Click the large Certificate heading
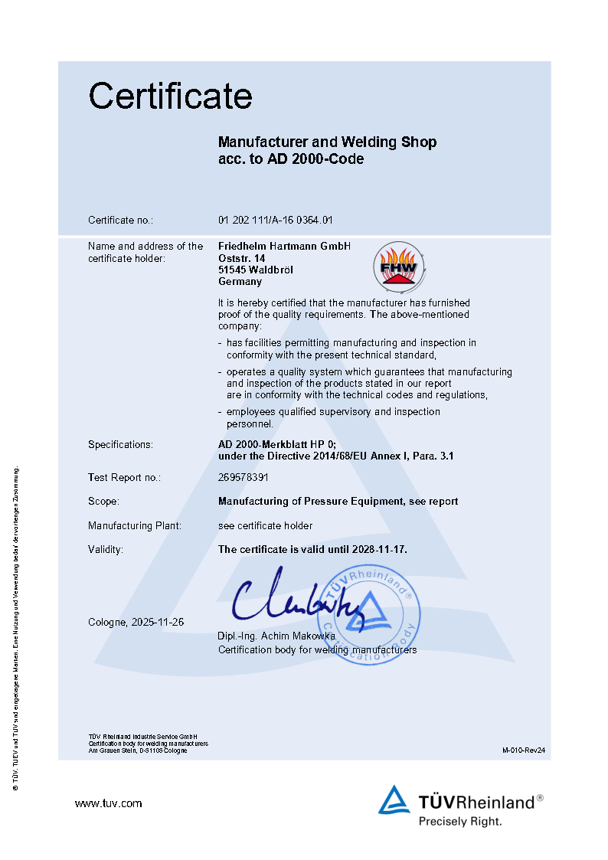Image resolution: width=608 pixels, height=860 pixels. [x=170, y=96]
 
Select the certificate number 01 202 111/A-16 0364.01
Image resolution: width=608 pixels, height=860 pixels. [x=276, y=221]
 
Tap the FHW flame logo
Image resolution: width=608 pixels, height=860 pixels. [x=397, y=264]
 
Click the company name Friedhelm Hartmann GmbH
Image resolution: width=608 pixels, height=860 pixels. [x=284, y=246]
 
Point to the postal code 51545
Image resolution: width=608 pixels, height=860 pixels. [x=230, y=270]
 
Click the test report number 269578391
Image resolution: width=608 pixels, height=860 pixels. [x=244, y=477]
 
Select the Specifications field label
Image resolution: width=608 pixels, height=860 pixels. [x=120, y=444]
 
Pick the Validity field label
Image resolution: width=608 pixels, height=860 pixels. [x=106, y=549]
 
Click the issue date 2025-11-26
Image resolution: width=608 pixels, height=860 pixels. [x=157, y=622]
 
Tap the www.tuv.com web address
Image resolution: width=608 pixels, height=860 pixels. [x=108, y=803]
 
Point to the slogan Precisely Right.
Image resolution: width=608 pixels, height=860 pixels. [x=459, y=821]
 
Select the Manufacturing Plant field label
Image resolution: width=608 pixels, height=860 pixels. [x=135, y=525]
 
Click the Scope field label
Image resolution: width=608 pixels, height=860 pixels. [x=103, y=501]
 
